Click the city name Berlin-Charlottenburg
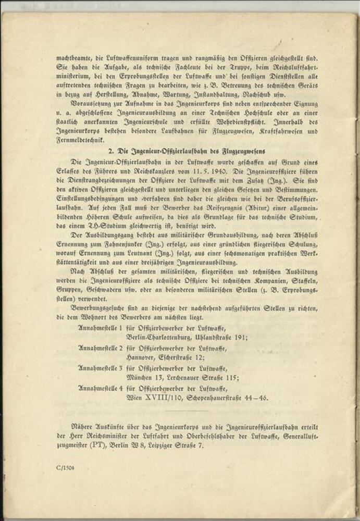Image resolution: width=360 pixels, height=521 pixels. pyautogui.click(x=159, y=337)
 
